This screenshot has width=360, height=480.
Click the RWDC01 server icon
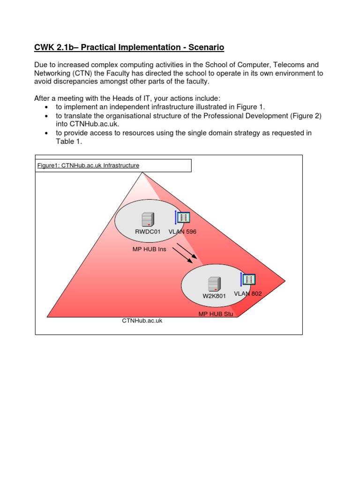click(x=148, y=219)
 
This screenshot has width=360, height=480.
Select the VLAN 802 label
click(x=247, y=294)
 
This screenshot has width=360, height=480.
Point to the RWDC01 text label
click(x=148, y=232)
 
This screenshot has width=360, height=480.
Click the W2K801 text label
click(x=214, y=296)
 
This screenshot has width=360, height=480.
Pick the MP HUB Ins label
click(x=149, y=249)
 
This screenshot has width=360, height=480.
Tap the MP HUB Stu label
click(x=216, y=313)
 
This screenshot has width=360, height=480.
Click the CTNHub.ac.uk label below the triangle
click(x=142, y=321)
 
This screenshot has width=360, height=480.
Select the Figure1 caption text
click(x=88, y=165)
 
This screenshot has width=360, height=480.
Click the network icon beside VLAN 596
click(x=183, y=217)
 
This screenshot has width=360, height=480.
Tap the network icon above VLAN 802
click(x=248, y=279)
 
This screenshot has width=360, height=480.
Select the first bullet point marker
click(x=46, y=107)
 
